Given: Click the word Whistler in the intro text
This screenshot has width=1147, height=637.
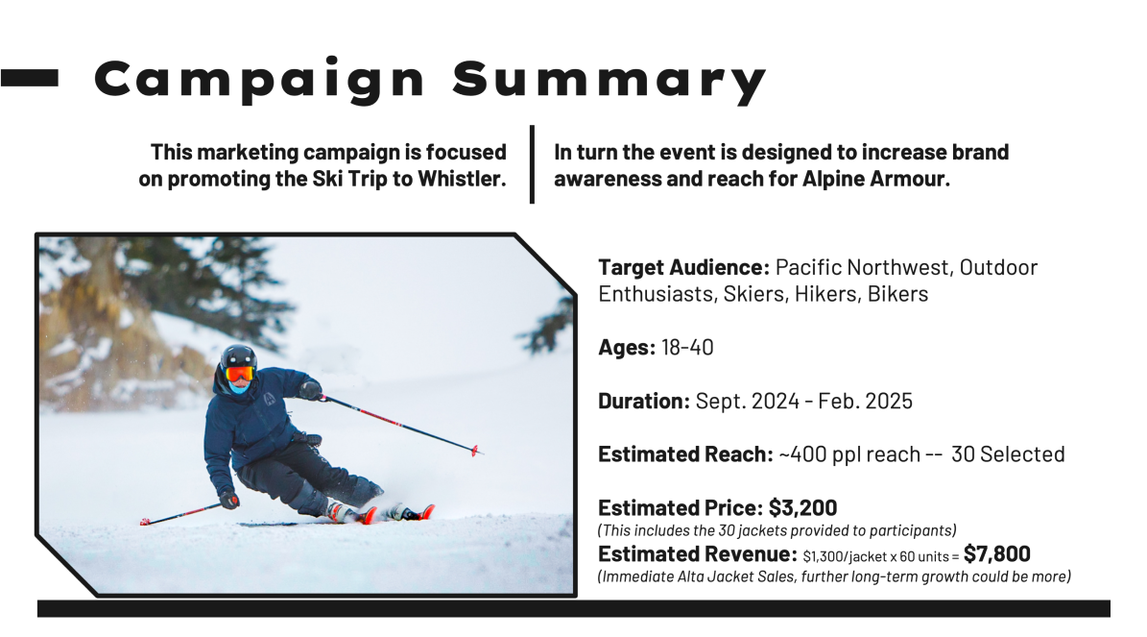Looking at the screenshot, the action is pyautogui.click(x=462, y=179).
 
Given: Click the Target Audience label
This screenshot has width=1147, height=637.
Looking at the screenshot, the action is pyautogui.click(x=684, y=268).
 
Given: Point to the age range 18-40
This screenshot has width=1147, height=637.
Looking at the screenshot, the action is pyautogui.click(x=687, y=347).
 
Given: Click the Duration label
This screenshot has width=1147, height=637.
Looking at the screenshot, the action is pyautogui.click(x=644, y=402).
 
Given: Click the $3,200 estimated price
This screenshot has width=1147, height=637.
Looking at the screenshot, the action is pyautogui.click(x=802, y=508).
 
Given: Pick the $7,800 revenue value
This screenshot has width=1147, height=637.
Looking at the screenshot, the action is pyautogui.click(x=997, y=554).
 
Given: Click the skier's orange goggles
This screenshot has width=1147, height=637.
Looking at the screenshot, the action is pyautogui.click(x=240, y=374).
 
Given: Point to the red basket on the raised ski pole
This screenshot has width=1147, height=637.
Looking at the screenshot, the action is pyautogui.click(x=475, y=451).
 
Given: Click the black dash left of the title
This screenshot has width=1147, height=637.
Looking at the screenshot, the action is pyautogui.click(x=29, y=79).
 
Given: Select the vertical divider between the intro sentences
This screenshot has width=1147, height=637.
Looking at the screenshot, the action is pyautogui.click(x=532, y=164).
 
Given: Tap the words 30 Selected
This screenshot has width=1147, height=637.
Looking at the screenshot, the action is pyautogui.click(x=1008, y=454).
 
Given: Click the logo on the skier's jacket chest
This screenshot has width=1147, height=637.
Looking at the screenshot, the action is pyautogui.click(x=269, y=399).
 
